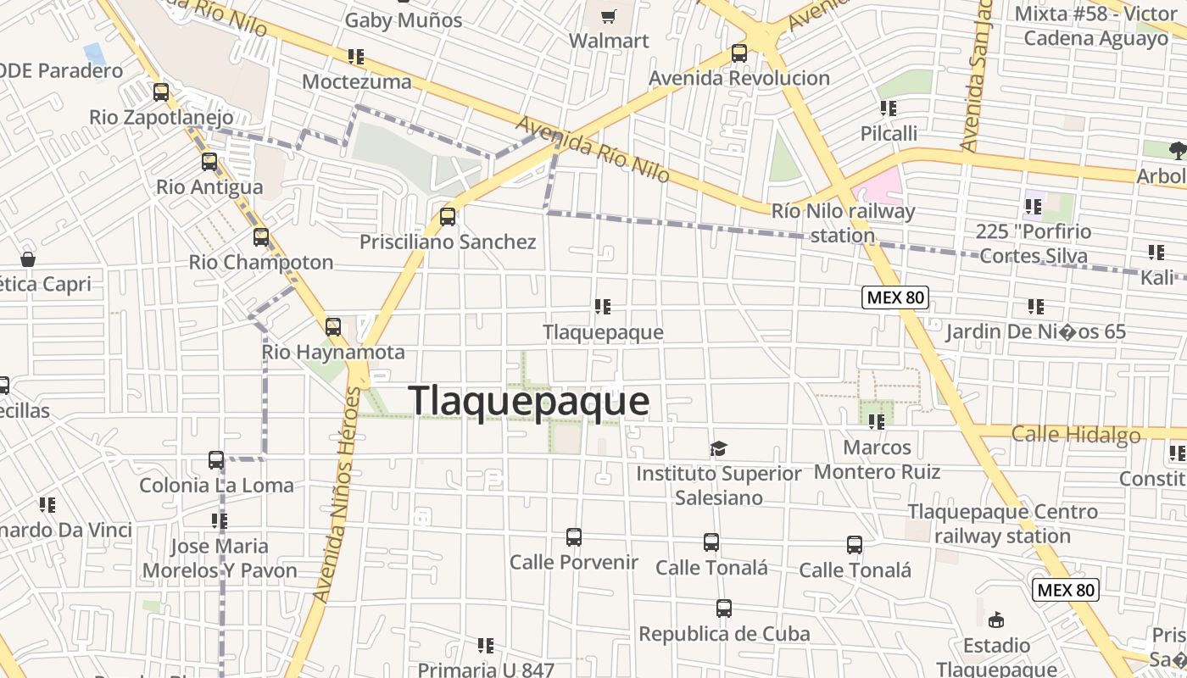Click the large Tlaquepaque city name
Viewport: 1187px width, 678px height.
tap(529, 401)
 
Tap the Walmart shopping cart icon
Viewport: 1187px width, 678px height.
tap(608, 17)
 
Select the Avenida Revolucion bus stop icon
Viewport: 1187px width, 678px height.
tap(739, 53)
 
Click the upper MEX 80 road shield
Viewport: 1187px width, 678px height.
tap(895, 297)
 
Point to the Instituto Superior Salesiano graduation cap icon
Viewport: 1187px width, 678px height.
tap(719, 448)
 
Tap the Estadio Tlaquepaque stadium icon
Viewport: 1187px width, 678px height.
tap(996, 620)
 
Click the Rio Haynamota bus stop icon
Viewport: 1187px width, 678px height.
tap(333, 326)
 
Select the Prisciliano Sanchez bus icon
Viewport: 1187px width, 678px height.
tap(448, 216)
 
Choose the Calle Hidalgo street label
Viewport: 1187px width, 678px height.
tap(1075, 435)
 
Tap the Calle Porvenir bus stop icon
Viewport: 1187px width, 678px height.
tap(574, 537)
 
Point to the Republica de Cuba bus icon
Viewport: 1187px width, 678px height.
tap(724, 609)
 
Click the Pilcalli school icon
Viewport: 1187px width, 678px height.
tap(888, 108)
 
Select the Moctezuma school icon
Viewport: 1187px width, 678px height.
tap(356, 57)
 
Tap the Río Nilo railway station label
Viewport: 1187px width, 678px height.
tap(843, 223)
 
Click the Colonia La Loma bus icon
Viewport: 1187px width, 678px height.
tap(216, 460)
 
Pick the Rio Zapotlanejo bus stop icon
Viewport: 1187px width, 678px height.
tap(161, 92)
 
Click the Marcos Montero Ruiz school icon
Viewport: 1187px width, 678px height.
tap(876, 421)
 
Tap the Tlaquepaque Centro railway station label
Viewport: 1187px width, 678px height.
tap(1002, 524)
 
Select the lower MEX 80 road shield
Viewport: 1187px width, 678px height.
tap(1065, 590)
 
